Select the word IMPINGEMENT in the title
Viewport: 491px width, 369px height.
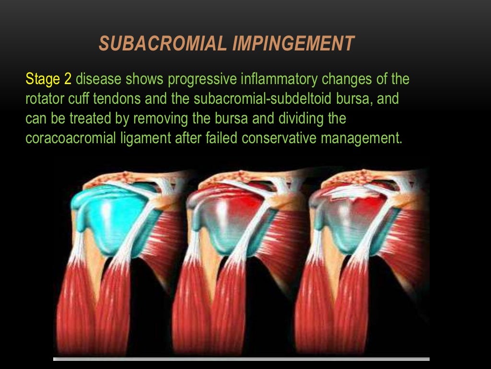(293, 44)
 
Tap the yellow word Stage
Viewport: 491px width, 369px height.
(42, 79)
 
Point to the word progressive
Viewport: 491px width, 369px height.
(205, 79)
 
